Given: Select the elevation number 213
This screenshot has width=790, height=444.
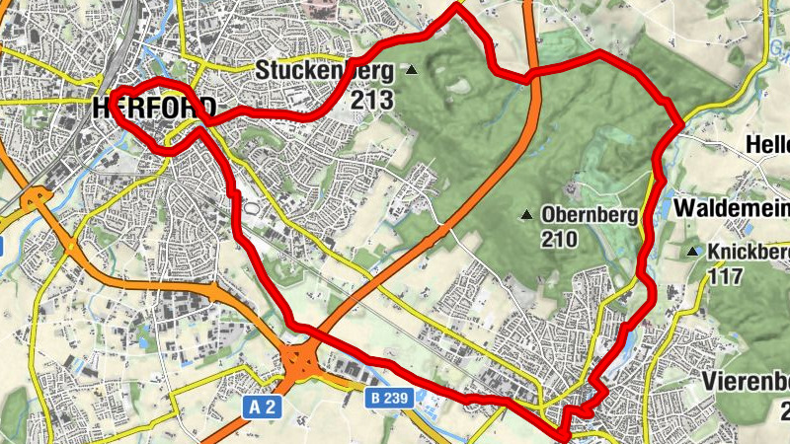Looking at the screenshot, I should tap(375, 100).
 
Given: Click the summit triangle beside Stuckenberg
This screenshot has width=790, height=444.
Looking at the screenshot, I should tap(412, 70).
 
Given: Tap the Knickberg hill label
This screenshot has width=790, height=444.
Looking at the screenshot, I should tap(748, 252).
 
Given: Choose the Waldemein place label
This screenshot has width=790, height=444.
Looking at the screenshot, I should tap(731, 208).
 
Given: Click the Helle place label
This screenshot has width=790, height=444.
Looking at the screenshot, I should tap(768, 144).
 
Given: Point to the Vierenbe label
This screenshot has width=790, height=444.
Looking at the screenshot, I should tap(746, 382).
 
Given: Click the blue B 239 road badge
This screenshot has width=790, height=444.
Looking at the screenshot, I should tap(389, 399).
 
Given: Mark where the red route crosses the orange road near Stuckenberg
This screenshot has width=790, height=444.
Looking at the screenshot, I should tap(530, 73).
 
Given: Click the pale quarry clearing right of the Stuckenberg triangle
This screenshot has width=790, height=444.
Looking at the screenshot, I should tap(458, 83).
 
